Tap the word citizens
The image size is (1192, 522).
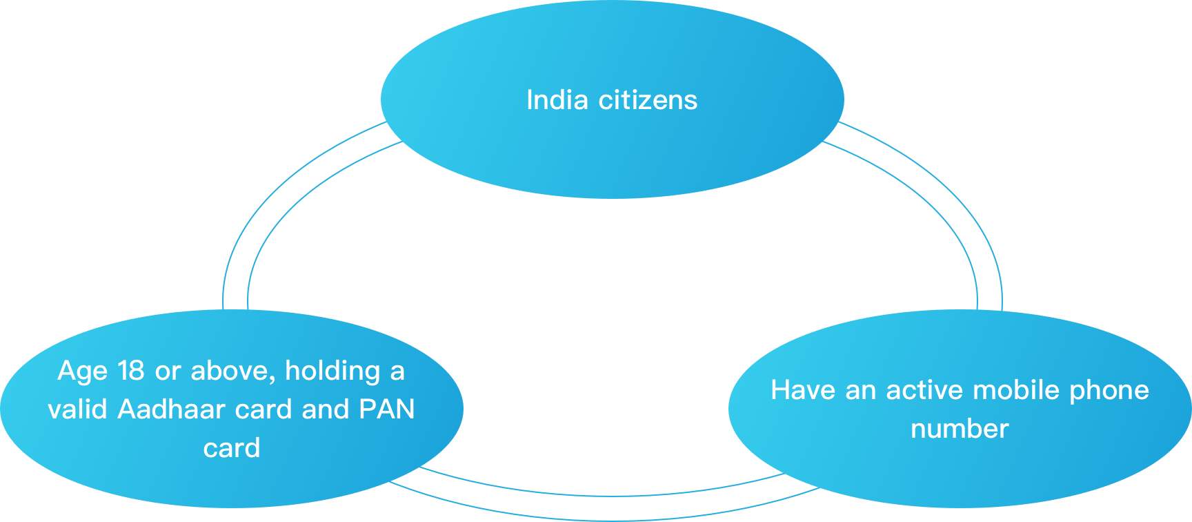point(648,100)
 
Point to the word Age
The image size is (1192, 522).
point(82,371)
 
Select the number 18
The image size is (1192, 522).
point(130,371)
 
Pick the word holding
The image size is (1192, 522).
point(332,371)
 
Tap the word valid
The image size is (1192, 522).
point(77,409)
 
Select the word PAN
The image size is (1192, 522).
point(387,409)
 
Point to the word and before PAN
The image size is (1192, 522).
point(326,409)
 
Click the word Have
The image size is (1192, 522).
point(803,390)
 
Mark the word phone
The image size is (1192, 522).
point(1109,391)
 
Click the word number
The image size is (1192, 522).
point(960,429)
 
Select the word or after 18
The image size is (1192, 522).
point(168,371)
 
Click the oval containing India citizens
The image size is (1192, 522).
point(612,152)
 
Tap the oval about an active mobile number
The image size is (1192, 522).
point(960,470)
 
